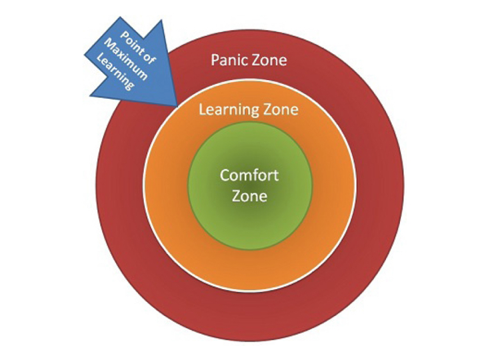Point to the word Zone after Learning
pyautogui.click(x=280, y=109)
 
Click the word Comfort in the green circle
pyautogui.click(x=249, y=177)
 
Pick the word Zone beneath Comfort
pyautogui.click(x=249, y=196)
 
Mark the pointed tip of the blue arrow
pyautogui.click(x=177, y=105)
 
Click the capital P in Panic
pyautogui.click(x=215, y=60)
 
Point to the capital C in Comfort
pyautogui.click(x=225, y=177)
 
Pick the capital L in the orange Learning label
pyautogui.click(x=203, y=109)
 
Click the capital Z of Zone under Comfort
pyautogui.click(x=236, y=196)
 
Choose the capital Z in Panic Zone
pyautogui.click(x=255, y=60)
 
